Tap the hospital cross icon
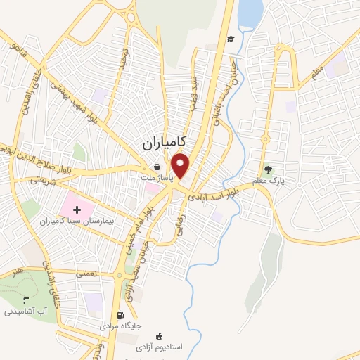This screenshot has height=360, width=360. tap(77, 208)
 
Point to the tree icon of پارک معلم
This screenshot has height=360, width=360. tap(267, 169)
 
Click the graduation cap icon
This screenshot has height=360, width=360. tap(231, 39)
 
